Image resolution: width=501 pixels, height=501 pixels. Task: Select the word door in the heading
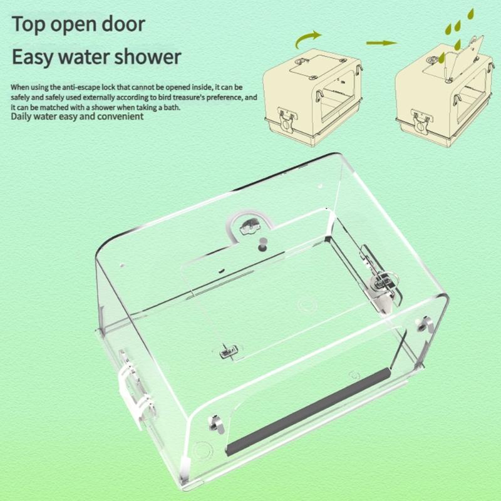coord(123,24)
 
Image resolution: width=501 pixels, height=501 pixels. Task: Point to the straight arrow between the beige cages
coord(381,43)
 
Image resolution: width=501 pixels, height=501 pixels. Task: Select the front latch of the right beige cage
coord(420,117)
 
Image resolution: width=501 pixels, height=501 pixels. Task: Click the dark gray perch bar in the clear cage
coord(308,411)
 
